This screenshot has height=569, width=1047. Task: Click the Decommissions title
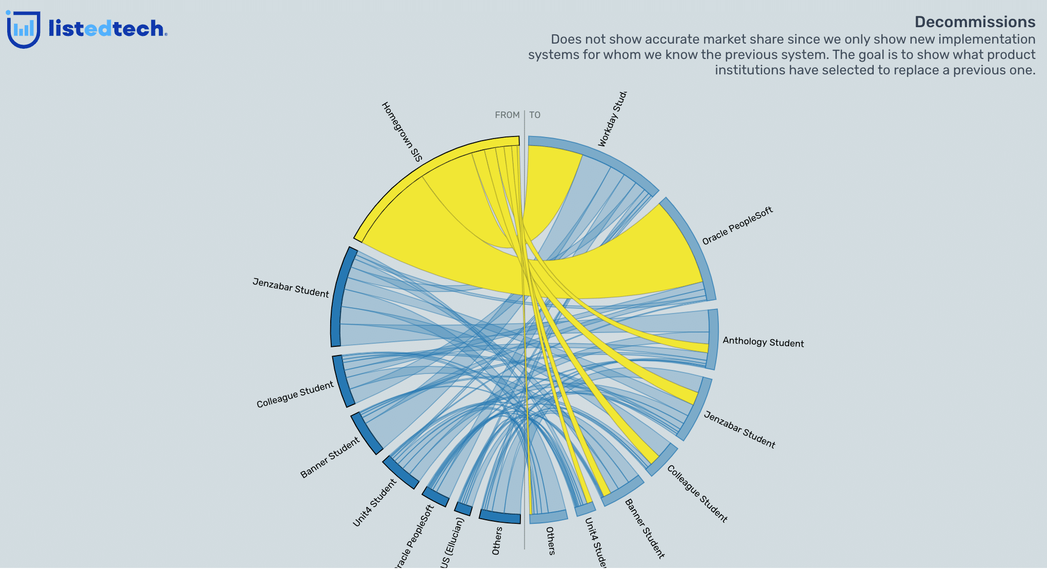[974, 22]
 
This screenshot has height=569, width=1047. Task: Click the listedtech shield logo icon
[23, 30]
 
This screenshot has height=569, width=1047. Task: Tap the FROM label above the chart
[507, 115]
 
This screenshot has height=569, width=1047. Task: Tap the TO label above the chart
[535, 115]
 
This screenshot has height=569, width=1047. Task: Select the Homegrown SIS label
[402, 131]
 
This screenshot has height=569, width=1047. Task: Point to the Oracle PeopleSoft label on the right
[737, 226]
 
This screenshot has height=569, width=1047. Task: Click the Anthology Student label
[763, 342]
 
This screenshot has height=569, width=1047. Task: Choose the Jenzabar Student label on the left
[291, 288]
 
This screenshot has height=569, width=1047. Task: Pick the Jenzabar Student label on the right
[739, 429]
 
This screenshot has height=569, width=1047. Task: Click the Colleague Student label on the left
[295, 395]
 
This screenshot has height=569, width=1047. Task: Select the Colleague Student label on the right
[697, 494]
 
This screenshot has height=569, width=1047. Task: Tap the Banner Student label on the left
[330, 458]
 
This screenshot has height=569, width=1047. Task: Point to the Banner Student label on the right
[645, 528]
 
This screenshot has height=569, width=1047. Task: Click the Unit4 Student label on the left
[374, 503]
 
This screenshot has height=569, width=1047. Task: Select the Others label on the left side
[496, 541]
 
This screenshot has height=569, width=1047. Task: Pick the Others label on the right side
[550, 541]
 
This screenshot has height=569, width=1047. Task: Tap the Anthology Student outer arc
[713, 339]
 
